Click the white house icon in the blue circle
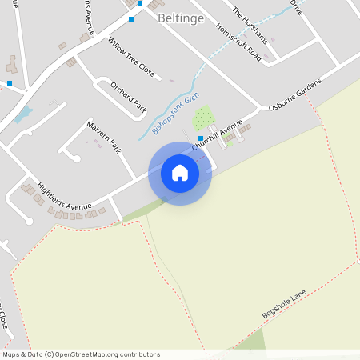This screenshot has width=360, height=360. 180,173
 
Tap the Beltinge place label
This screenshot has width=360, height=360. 180,17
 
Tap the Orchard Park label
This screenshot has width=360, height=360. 129,97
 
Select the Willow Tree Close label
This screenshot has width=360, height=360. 131,56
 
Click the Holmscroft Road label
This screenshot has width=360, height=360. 238,42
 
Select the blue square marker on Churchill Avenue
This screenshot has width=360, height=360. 200,138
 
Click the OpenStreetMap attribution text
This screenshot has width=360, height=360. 81,354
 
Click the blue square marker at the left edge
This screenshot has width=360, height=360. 10,82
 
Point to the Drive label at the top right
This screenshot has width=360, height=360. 297,7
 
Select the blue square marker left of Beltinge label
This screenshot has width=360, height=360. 131,18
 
